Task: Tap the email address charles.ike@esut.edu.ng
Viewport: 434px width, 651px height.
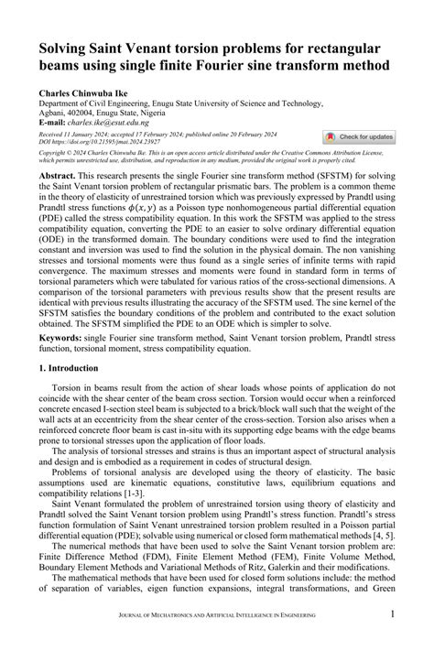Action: coord(117,122)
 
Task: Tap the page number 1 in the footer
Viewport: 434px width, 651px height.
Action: coord(393,614)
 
